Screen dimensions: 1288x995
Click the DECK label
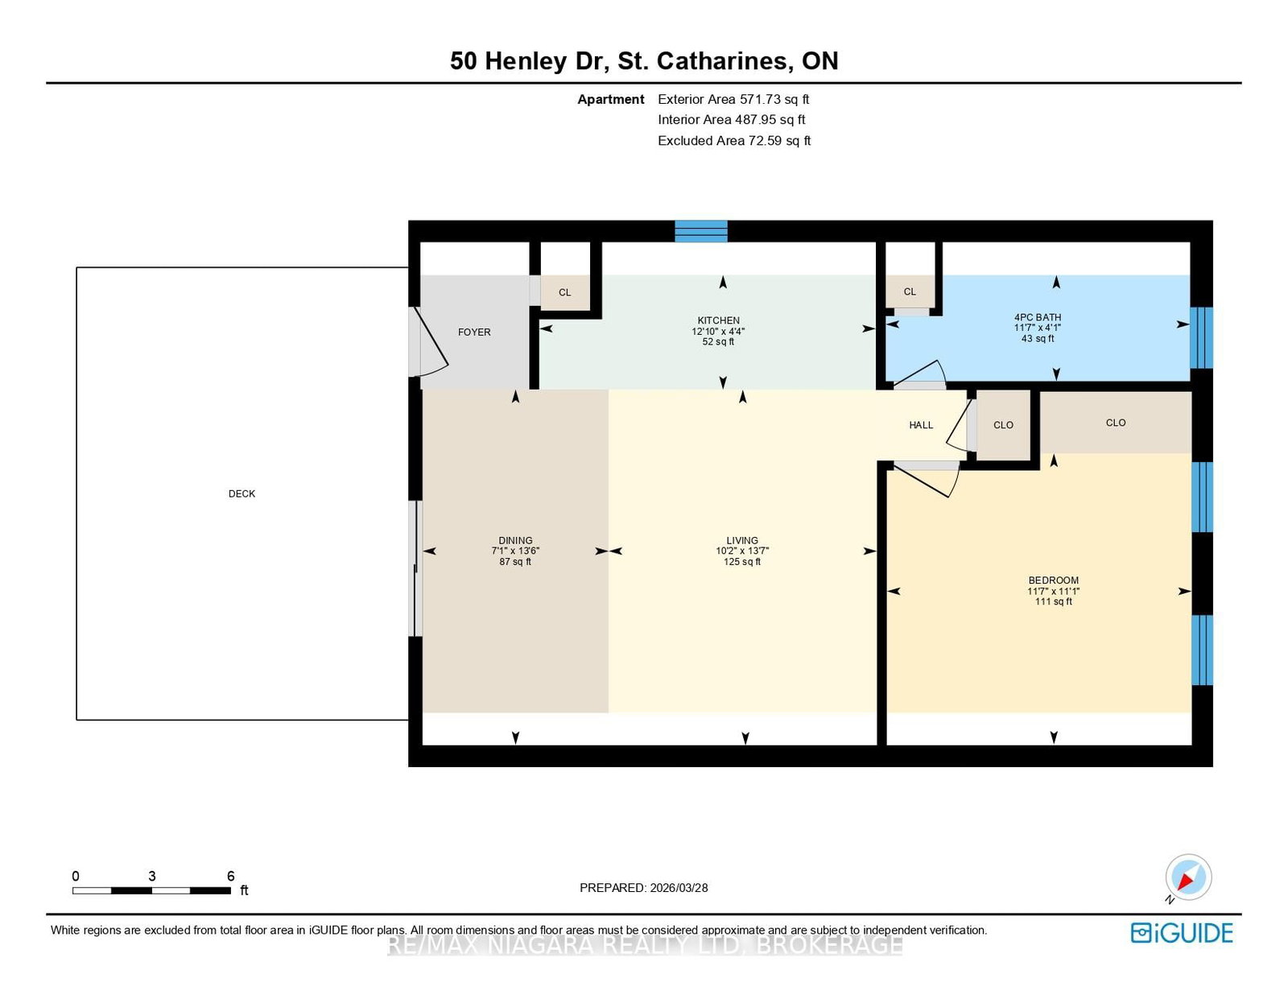click(242, 493)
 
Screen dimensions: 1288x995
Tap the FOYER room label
click(474, 332)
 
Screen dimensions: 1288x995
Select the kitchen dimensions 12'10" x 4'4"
click(718, 332)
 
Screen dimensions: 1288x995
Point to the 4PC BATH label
click(1038, 317)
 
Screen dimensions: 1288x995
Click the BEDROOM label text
click(1053, 580)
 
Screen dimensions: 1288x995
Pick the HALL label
click(921, 425)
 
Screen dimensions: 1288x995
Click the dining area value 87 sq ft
click(515, 561)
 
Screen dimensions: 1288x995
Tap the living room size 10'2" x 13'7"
click(742, 551)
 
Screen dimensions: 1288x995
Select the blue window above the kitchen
click(701, 231)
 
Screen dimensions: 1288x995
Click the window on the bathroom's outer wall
click(1201, 338)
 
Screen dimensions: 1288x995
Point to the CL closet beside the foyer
click(565, 292)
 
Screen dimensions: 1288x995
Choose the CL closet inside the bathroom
click(910, 291)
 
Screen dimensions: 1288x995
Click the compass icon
click(1188, 877)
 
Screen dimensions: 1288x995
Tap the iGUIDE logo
click(1182, 933)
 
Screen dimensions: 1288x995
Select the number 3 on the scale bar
click(151, 876)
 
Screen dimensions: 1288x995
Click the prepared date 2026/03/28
click(679, 888)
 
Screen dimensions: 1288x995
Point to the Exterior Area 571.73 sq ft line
click(733, 99)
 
